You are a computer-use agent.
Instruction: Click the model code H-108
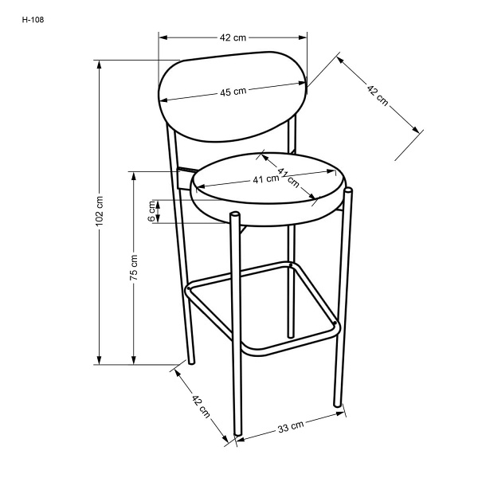tap(33, 20)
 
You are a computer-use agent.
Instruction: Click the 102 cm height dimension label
tap(100, 211)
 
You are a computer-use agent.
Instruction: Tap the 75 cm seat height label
tap(134, 268)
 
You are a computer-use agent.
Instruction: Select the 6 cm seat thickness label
tap(151, 211)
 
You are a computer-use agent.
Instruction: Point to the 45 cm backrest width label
tap(233, 92)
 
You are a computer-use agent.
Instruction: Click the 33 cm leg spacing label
tap(291, 426)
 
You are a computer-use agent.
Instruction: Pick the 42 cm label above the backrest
tap(233, 37)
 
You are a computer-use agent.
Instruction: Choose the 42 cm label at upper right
tap(378, 96)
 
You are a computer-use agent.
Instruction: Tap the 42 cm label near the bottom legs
tap(201, 406)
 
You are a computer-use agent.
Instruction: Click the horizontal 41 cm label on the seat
tap(266, 179)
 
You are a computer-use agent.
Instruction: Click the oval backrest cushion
tap(233, 96)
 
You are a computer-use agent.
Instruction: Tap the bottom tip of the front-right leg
tap(337, 406)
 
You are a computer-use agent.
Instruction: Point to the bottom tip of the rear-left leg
tap(191, 362)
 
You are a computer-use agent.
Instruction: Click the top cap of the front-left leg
tap(235, 214)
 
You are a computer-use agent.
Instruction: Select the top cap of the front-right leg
tap(348, 190)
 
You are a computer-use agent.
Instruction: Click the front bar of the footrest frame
tap(290, 340)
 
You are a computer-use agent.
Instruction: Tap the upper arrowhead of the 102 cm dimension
tap(99, 65)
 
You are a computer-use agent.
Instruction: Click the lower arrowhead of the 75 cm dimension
tap(134, 360)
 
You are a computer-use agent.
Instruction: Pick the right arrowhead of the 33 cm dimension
tap(340, 414)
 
